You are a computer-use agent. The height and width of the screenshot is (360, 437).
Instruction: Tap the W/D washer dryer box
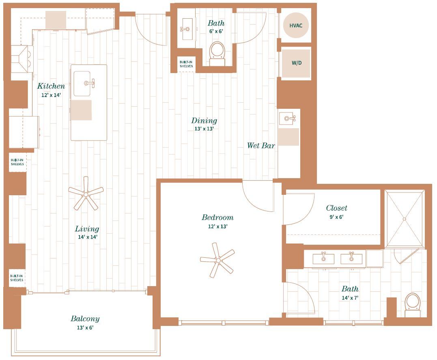click(296, 63)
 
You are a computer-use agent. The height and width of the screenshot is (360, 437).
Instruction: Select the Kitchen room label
click(51, 86)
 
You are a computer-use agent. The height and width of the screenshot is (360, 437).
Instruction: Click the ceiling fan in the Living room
click(86, 194)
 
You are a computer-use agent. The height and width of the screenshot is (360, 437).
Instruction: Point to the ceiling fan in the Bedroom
click(217, 260)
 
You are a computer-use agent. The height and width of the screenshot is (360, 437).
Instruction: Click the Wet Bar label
click(261, 146)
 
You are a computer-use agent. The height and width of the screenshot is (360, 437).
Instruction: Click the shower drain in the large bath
click(404, 219)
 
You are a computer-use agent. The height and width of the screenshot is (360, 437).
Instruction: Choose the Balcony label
click(85, 319)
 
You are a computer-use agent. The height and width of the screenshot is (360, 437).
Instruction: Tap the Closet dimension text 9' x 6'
click(336, 217)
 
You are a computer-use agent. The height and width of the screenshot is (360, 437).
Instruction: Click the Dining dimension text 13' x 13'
click(204, 129)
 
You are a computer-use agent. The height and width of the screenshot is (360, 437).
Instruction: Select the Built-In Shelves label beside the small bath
click(186, 64)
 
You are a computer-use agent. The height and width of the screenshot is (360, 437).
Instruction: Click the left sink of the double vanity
click(323, 259)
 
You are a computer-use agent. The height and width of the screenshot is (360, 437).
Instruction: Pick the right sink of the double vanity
click(351, 259)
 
